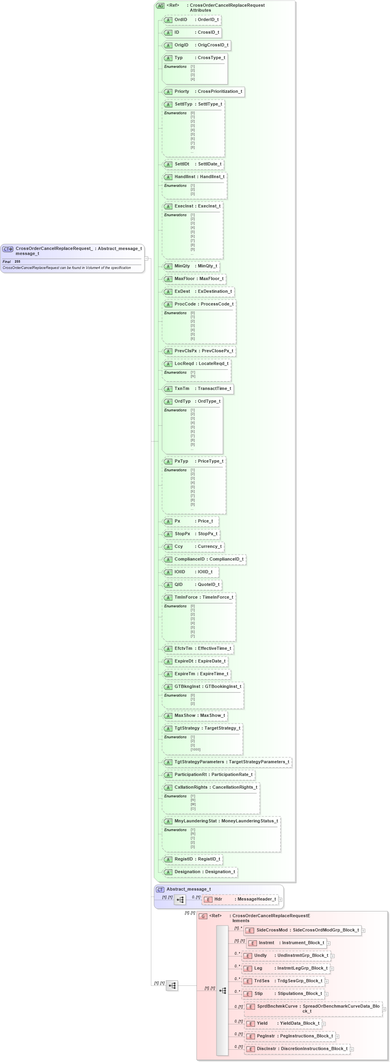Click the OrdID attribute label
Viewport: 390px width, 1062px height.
pos(181,20)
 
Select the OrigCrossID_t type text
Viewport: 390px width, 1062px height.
pos(212,45)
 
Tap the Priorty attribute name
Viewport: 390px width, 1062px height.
pos(181,92)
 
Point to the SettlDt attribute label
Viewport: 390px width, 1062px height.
pos(182,164)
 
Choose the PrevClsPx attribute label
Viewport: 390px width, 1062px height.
pos(186,351)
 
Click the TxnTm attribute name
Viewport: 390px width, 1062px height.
pos(182,389)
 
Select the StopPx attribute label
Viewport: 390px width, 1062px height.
pos(182,534)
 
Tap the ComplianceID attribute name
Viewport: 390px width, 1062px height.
pos(189,559)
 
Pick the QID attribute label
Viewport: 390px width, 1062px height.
pos(178,585)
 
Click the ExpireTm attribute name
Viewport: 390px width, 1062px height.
pos(185,674)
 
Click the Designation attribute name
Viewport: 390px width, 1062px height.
pos(187,872)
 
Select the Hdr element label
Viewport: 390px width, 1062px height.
pos(218,899)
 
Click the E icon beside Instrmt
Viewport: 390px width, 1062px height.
pos(253,943)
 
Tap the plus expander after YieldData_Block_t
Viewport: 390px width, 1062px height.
pos(324,1024)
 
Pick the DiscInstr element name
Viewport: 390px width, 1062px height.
pos(266,1049)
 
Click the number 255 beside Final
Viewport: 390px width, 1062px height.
pos(17,262)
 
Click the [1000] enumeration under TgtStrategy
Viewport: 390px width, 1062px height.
pos(196,750)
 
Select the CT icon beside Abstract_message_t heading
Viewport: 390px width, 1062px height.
pos(160,889)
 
